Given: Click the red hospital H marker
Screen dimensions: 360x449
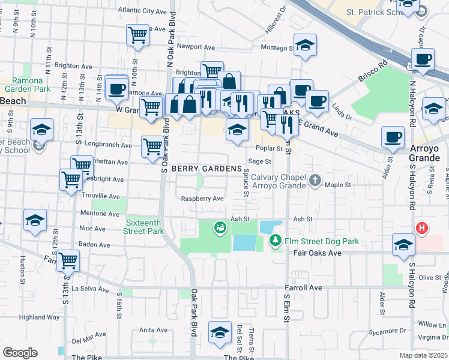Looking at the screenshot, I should [x=422, y=228].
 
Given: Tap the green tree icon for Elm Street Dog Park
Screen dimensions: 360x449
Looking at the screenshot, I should [x=276, y=241].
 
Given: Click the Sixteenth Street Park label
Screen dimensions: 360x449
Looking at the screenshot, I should [x=144, y=226].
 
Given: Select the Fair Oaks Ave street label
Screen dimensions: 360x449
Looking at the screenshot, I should [x=317, y=253].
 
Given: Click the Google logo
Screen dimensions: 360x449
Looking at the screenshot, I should [x=20, y=352].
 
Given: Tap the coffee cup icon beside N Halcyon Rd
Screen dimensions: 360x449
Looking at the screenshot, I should [x=424, y=59].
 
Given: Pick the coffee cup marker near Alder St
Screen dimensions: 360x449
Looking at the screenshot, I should [x=393, y=137].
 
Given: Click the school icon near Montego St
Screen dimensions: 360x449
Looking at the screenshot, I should [x=305, y=45].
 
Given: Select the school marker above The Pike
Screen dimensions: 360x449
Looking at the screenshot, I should [x=220, y=332].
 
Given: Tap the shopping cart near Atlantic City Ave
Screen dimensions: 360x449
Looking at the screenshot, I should [x=138, y=34].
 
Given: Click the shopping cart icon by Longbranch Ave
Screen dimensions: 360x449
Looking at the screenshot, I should [x=152, y=146].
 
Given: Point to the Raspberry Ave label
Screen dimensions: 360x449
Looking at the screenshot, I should [x=202, y=199].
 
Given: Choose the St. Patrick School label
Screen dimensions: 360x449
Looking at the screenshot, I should [x=372, y=11].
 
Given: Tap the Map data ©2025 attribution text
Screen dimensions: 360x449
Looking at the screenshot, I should [x=424, y=355].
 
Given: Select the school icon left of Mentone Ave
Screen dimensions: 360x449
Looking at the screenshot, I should [x=35, y=220].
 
